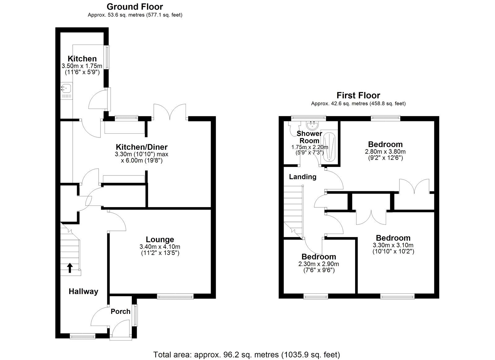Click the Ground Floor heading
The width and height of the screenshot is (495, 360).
coord(135,7)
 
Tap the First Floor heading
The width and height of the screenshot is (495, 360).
coord(358,95)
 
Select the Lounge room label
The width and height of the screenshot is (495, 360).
coord(160,239)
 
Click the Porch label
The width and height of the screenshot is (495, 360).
coord(120,311)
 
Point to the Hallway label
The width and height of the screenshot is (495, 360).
coord(83,291)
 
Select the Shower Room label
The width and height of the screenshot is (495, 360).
coord(309,137)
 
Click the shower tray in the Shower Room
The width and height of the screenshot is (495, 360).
coord(329,147)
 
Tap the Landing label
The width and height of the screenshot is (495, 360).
coord(303,177)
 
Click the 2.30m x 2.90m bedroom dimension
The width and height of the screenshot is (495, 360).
coord(319,264)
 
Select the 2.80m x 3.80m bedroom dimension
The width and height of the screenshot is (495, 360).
coord(385,152)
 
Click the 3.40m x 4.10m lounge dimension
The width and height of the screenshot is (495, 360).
coord(160,247)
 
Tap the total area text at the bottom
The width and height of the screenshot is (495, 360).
coord(247,354)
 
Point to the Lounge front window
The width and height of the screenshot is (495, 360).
coord(175,297)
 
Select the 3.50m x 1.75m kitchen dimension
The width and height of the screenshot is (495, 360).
coord(82,66)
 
